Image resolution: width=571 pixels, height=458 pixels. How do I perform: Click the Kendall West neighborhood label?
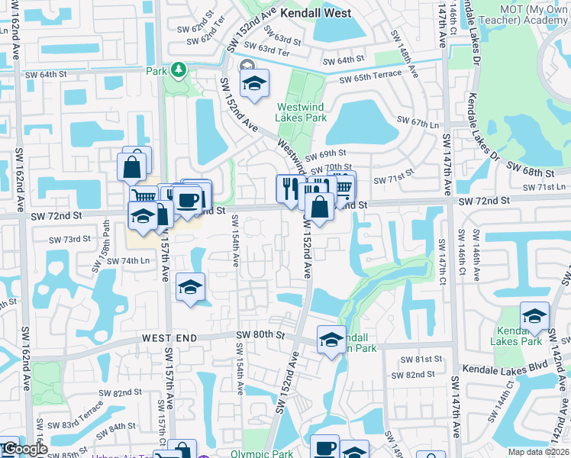coord(315,13)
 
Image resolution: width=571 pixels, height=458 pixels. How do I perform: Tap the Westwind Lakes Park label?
coord(302,112)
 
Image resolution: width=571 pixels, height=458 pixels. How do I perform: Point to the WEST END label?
coord(169,337)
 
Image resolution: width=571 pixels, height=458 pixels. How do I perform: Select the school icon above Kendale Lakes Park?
coord(534,315)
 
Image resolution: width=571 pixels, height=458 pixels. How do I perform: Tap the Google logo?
coord(24,450)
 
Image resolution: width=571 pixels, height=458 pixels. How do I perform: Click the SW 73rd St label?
coord(70,239)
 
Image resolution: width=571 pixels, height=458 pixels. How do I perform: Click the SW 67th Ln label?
coord(419,121)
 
